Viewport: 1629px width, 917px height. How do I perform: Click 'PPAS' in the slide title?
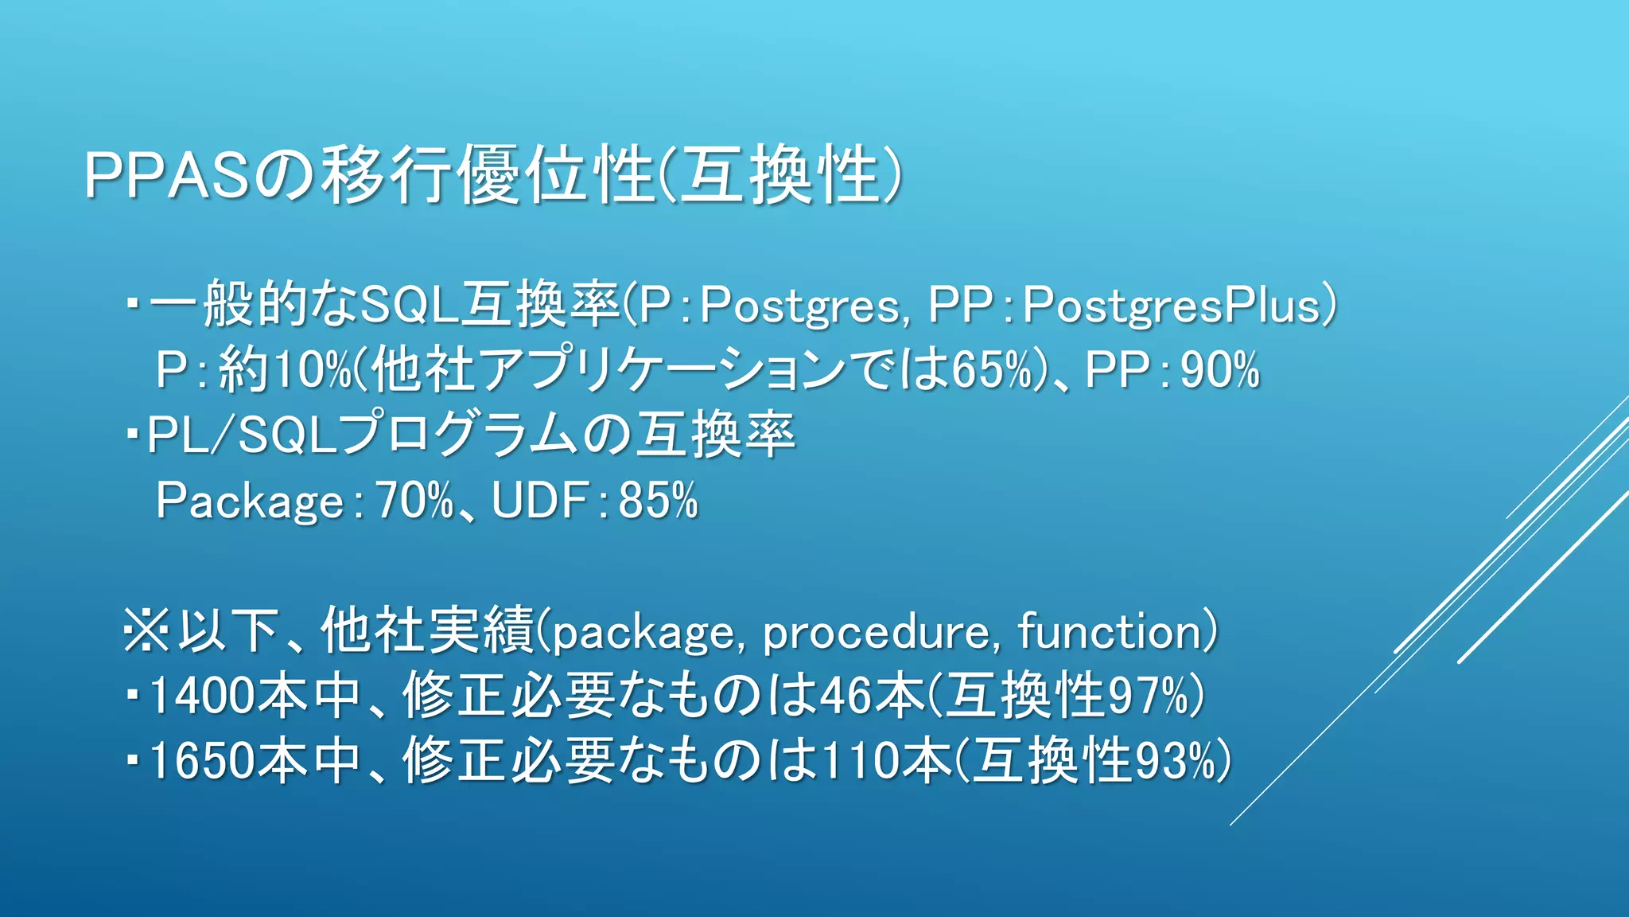tap(168, 174)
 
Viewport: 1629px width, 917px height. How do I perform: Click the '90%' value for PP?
tap(1220, 370)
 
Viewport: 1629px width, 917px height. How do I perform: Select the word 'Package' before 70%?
tap(250, 501)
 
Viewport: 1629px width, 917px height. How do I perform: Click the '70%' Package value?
tap(414, 501)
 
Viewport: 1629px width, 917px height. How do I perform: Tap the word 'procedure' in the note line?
tap(875, 633)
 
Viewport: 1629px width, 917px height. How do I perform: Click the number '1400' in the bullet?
tap(203, 695)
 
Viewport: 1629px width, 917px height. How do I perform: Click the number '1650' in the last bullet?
tap(203, 760)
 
